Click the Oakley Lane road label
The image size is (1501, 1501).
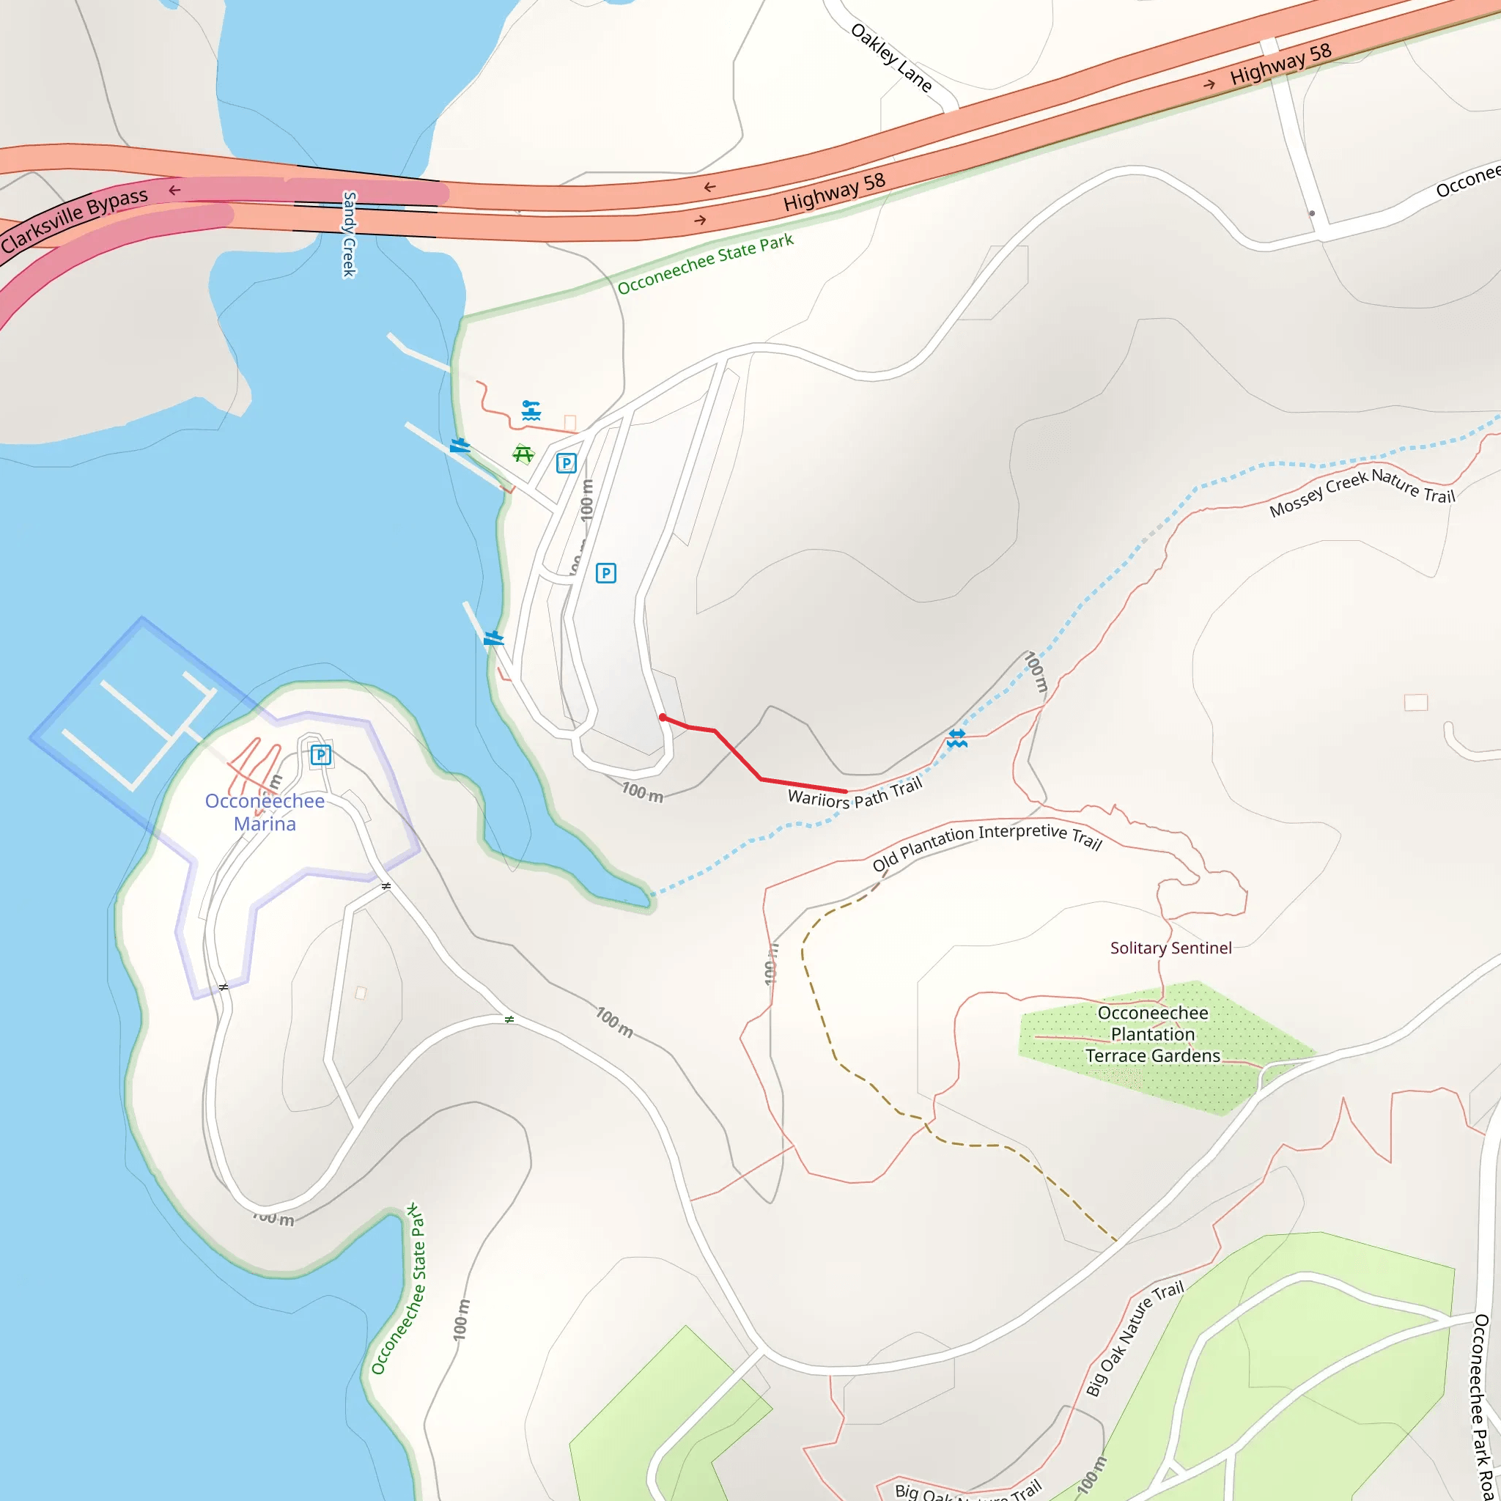tap(891, 57)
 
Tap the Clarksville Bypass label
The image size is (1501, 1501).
tap(75, 220)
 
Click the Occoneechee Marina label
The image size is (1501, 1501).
tap(265, 812)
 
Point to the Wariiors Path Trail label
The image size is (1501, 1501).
tap(855, 794)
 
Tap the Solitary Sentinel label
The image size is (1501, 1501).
tap(1170, 948)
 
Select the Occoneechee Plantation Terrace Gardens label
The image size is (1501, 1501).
tap(1153, 1034)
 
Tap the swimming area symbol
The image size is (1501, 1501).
tap(531, 410)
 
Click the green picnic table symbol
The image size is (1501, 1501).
tap(523, 454)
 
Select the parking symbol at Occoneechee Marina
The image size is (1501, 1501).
tap(320, 754)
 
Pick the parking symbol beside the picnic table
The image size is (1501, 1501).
tap(567, 464)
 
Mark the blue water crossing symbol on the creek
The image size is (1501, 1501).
tap(957, 738)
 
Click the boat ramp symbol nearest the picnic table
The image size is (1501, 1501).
tap(460, 445)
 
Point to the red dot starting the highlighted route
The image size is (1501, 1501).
tap(663, 717)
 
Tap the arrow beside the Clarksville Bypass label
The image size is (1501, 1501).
tap(175, 191)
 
